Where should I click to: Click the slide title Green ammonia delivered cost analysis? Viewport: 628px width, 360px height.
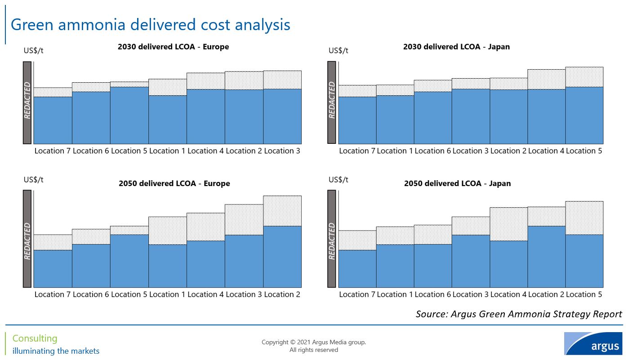click(x=150, y=24)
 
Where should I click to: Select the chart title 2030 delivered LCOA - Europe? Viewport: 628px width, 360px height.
click(x=173, y=47)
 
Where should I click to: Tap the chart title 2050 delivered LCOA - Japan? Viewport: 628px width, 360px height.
click(x=457, y=183)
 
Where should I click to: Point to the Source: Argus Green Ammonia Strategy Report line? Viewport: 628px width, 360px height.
click(x=519, y=314)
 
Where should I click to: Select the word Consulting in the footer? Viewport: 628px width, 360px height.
click(x=35, y=338)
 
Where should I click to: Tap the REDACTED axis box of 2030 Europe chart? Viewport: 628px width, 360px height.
click(x=27, y=102)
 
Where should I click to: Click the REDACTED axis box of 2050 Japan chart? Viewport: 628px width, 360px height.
click(x=332, y=239)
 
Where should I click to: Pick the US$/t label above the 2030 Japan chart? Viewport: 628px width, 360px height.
click(x=338, y=50)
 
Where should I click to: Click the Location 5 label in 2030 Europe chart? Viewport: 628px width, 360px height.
click(x=129, y=151)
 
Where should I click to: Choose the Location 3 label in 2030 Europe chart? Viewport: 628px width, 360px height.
click(x=282, y=151)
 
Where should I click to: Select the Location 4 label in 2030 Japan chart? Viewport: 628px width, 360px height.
click(x=546, y=151)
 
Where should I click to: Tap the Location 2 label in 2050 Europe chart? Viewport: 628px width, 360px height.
click(x=282, y=294)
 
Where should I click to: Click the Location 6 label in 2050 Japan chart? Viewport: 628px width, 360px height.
click(x=432, y=294)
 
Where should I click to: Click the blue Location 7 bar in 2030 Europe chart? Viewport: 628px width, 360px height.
click(x=53, y=120)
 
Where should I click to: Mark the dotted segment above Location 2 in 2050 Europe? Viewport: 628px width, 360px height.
click(x=282, y=211)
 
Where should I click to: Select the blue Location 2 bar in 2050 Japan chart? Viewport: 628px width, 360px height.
click(x=546, y=256)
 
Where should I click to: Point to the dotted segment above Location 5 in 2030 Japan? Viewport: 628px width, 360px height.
click(x=584, y=77)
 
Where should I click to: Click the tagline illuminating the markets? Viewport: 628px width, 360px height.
click(x=56, y=351)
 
